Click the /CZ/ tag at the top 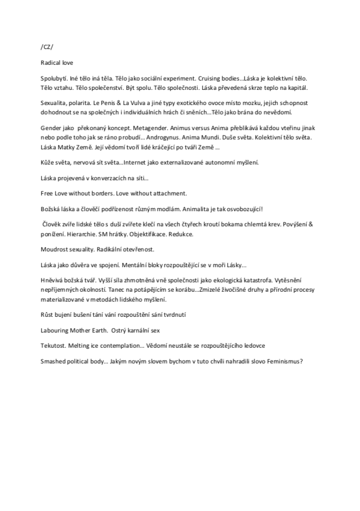tap(47, 46)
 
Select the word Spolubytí tap(54, 77)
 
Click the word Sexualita tap(55, 101)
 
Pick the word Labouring tap(57, 330)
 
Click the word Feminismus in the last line tap(282, 360)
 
